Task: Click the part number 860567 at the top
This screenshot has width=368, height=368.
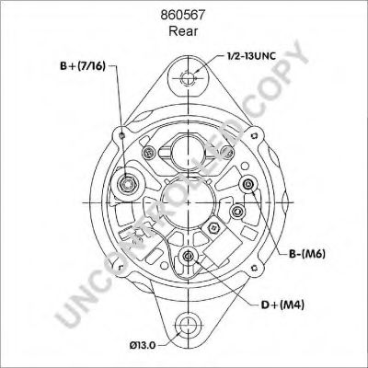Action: pos(183,15)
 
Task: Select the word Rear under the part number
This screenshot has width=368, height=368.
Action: pos(183,31)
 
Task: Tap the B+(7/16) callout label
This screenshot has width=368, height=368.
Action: pos(83,66)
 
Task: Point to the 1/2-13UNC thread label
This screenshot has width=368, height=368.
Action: pos(251,56)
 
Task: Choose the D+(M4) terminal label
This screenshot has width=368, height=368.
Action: pos(282,305)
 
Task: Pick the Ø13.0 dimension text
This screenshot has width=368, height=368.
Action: pos(143,345)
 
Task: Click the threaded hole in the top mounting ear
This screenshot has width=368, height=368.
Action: pos(187,78)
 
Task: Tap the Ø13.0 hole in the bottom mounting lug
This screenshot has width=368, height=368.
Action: pos(187,326)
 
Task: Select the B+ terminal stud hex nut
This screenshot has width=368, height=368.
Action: pos(128,185)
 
